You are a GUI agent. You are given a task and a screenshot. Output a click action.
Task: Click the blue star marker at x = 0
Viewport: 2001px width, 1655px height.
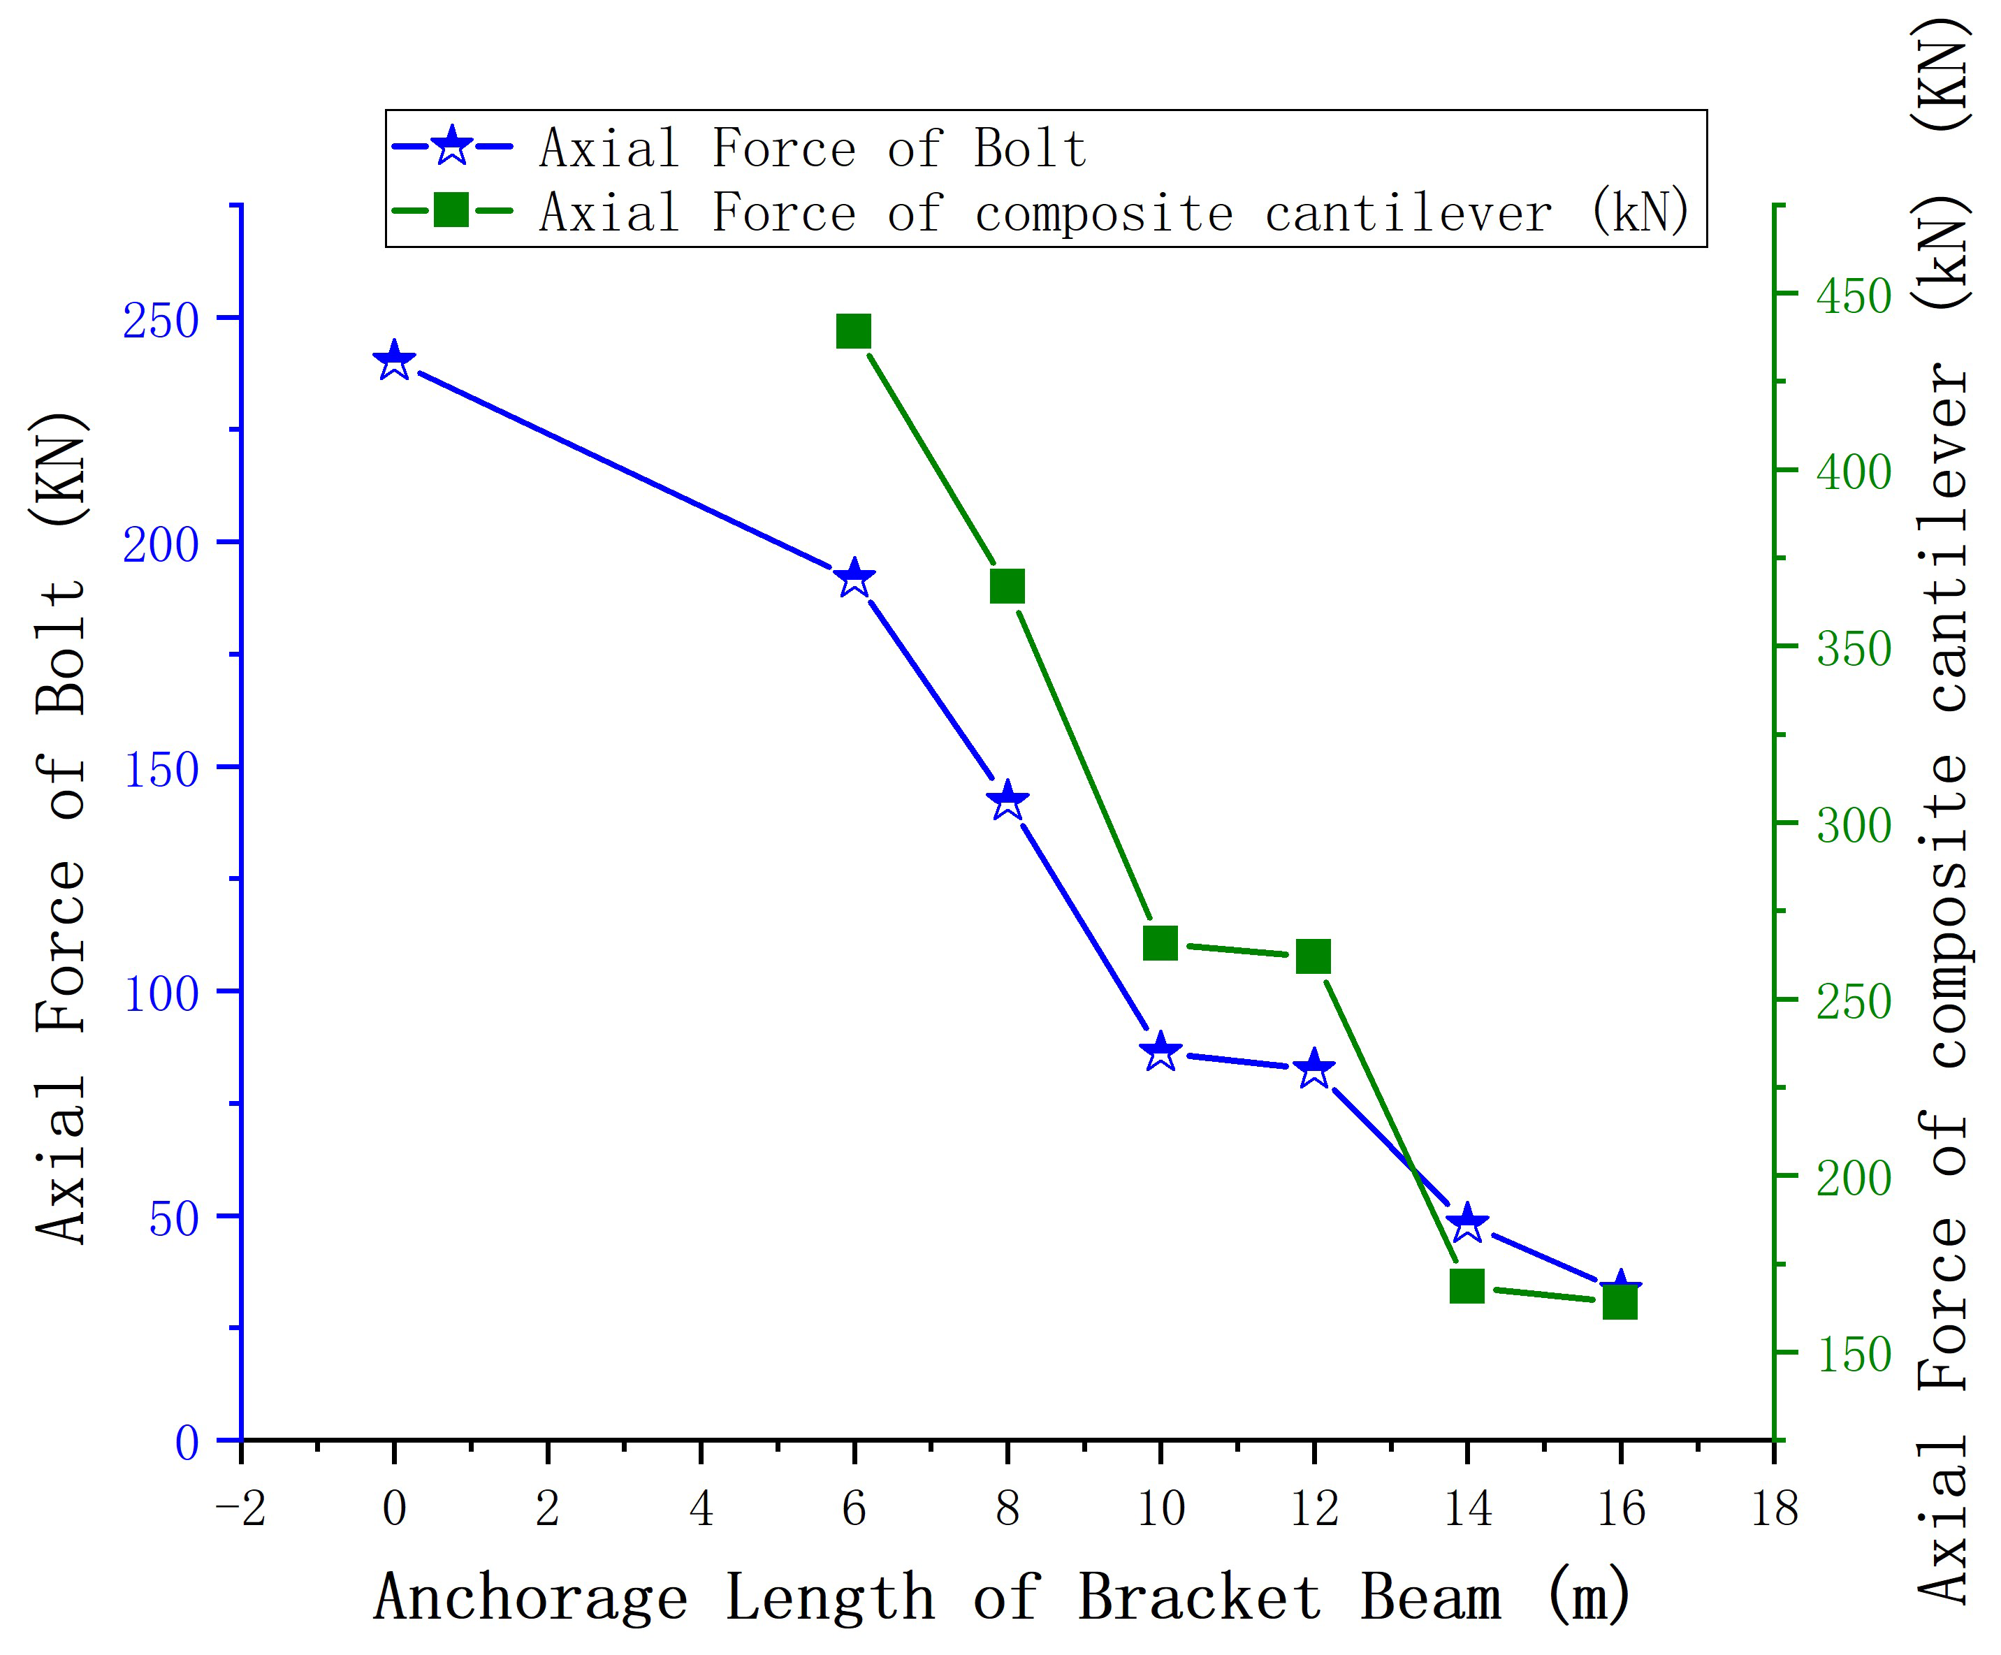click(x=395, y=361)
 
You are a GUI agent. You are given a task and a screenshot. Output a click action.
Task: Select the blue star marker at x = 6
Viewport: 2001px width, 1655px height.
click(x=854, y=577)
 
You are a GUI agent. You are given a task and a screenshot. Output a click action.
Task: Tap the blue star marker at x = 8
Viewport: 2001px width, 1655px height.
click(x=1007, y=801)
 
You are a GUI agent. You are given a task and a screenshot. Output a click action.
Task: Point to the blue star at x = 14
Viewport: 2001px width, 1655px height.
click(x=1467, y=1223)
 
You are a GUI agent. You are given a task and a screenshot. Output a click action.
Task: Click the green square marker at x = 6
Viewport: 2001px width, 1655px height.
click(x=854, y=332)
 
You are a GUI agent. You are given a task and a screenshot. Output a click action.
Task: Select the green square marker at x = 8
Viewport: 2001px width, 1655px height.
click(x=1007, y=587)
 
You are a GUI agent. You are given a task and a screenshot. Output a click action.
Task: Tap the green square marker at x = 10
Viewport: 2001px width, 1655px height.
click(x=1160, y=943)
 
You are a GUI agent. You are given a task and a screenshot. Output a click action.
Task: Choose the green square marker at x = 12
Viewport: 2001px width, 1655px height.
click(x=1313, y=956)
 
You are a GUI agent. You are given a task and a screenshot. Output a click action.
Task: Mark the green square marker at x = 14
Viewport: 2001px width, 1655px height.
click(x=1467, y=1286)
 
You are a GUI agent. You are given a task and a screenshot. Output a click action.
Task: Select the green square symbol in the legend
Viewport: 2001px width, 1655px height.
click(x=451, y=210)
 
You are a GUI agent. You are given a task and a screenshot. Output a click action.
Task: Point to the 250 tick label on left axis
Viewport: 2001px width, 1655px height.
click(x=160, y=321)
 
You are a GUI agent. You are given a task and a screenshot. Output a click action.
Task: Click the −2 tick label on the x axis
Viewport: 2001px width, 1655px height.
click(x=241, y=1508)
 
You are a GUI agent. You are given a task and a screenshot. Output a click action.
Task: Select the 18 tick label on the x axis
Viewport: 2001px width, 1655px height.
click(x=1774, y=1508)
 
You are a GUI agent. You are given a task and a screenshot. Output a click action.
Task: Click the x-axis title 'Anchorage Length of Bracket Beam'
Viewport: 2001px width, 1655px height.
click(x=1000, y=1597)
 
